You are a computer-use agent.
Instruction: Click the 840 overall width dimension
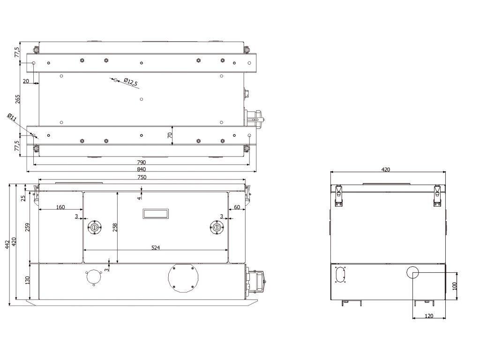[x=142, y=169]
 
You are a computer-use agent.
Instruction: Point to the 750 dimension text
[x=142, y=177]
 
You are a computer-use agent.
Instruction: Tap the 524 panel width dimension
[x=156, y=247]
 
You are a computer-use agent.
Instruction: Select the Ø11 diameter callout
[x=12, y=118]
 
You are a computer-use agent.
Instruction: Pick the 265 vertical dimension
[x=18, y=99]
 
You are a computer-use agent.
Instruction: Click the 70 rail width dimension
[x=171, y=135]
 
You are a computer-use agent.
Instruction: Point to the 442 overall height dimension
[x=7, y=244]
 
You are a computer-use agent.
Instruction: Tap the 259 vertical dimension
[x=27, y=227]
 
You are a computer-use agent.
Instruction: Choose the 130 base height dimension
[x=27, y=280]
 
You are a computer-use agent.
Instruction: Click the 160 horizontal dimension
[x=60, y=207]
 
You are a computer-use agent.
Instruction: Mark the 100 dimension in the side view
[x=454, y=286]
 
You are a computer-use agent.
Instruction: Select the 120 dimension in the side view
[x=428, y=316]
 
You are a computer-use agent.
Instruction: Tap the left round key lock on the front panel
[x=95, y=227]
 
